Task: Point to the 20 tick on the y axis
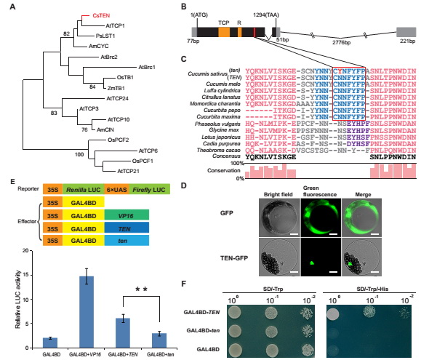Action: click(x=28, y=250)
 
